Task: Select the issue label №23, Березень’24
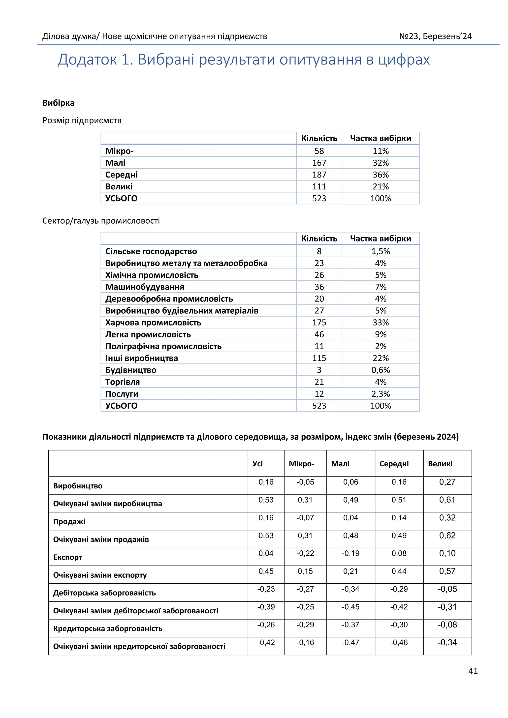(435, 36)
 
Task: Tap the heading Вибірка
(58, 103)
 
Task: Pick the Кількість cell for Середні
(319, 175)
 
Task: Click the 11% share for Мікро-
(380, 151)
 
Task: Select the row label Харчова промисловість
(153, 322)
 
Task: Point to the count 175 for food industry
(319, 322)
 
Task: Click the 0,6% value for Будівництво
(380, 370)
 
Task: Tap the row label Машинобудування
(145, 287)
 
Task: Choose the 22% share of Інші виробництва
(380, 358)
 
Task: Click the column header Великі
(440, 464)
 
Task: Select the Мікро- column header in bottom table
(301, 464)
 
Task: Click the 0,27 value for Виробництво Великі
(447, 482)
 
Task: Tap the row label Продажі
(69, 522)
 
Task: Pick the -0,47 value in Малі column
(350, 642)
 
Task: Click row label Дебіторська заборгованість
(104, 593)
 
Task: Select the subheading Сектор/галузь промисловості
(101, 221)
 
